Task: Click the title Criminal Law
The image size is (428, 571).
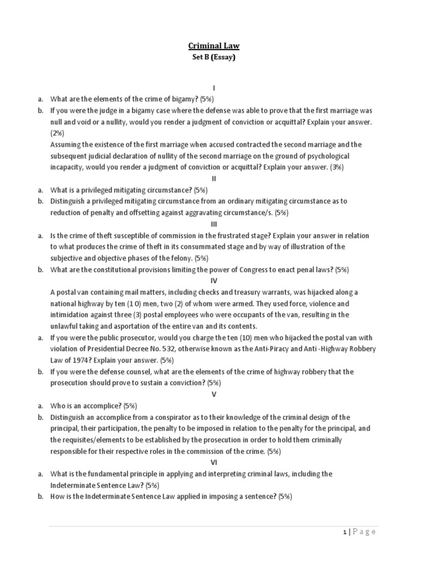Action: [x=214, y=46]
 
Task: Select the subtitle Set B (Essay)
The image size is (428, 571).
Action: [x=214, y=57]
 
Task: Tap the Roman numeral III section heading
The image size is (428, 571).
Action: [x=214, y=224]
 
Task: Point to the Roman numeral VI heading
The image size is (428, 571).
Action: [x=214, y=462]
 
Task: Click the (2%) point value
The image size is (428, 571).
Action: [x=57, y=133]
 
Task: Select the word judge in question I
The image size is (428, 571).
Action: [x=106, y=110]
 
